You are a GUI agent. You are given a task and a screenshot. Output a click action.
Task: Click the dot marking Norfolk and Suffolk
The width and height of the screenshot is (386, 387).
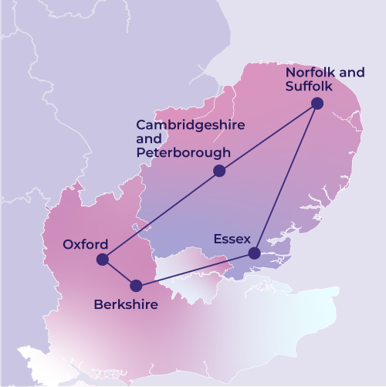(x=317, y=104)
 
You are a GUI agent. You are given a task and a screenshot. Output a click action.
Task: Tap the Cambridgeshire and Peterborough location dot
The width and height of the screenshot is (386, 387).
(x=219, y=171)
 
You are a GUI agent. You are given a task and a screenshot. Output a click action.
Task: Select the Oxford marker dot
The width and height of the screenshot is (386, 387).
(x=103, y=260)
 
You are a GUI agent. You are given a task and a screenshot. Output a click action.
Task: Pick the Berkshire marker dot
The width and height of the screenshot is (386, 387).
(x=136, y=285)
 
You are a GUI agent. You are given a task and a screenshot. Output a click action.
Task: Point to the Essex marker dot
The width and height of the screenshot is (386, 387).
(x=254, y=253)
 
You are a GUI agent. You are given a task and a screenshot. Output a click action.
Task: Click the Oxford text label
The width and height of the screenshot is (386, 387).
(x=85, y=244)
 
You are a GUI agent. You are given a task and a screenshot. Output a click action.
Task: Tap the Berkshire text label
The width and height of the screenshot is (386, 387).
(x=126, y=305)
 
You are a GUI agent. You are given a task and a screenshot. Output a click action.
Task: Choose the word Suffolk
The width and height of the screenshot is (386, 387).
(x=310, y=87)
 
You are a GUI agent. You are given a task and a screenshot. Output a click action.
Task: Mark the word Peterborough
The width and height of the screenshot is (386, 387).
(x=183, y=153)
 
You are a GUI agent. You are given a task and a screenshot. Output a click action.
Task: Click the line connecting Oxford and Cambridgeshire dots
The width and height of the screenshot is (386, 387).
(x=161, y=215)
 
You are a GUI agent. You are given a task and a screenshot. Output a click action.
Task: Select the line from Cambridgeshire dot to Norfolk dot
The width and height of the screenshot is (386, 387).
(x=268, y=137)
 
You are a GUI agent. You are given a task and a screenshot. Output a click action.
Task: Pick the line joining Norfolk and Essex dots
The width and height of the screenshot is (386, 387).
(x=286, y=178)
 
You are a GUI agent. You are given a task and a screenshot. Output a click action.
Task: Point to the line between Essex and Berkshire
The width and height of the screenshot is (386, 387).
(x=195, y=270)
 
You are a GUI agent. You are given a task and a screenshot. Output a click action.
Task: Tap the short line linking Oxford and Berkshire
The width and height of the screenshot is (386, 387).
(x=119, y=272)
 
